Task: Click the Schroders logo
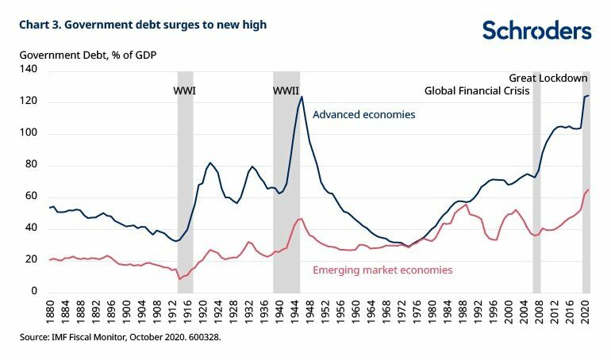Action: click(x=536, y=31)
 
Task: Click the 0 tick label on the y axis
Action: click(x=36, y=292)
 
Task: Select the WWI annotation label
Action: click(x=184, y=90)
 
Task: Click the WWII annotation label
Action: click(x=286, y=90)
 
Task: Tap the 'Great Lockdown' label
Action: click(x=548, y=78)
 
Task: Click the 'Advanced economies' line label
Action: click(x=363, y=115)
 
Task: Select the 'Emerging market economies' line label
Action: click(x=382, y=270)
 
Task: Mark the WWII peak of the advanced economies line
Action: click(x=302, y=97)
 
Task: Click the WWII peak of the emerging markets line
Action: click(x=301, y=219)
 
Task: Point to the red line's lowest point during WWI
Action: click(x=179, y=279)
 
